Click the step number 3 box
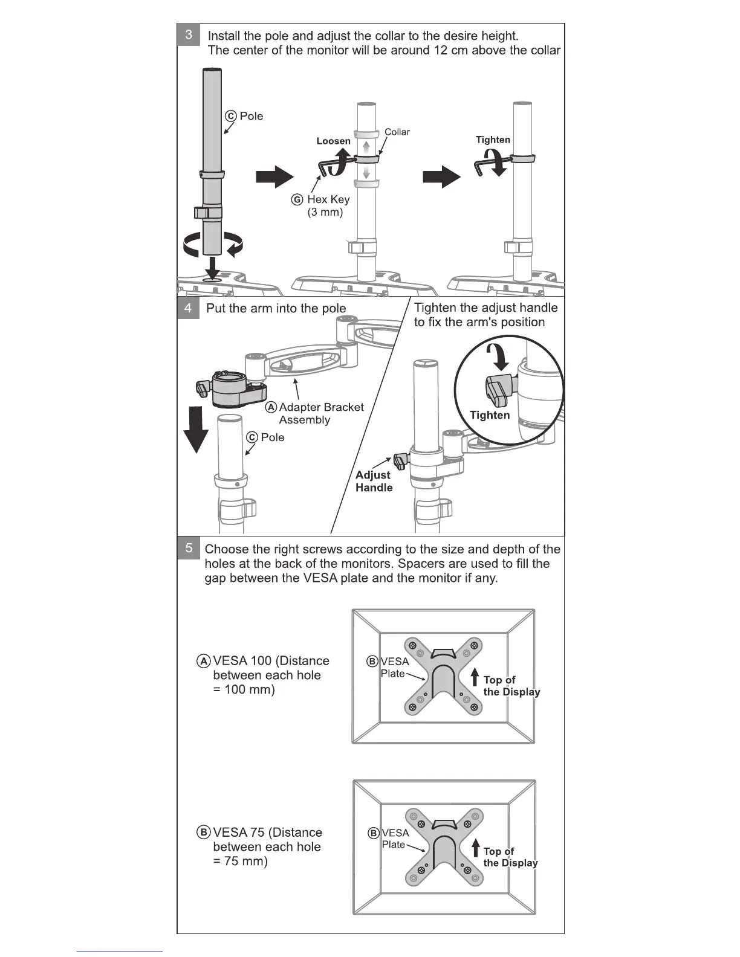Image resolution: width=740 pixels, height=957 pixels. pos(189,34)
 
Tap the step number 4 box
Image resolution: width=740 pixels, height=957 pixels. pos(188,308)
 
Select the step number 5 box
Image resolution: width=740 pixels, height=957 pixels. pos(189,548)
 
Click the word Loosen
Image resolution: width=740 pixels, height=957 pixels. pos(333,141)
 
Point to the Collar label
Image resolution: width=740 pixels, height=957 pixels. pos(397,132)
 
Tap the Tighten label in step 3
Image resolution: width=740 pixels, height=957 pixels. pos(493,140)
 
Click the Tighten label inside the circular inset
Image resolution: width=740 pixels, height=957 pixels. pos(490,415)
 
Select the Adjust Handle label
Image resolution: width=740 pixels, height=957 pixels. pos(374,482)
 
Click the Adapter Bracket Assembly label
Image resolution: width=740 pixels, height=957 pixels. pos(320,413)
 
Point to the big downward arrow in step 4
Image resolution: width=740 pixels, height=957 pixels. pos(195,430)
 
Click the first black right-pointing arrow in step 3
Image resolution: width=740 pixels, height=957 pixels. pos(274,176)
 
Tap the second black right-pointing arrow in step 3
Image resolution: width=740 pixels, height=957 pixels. pos(441,176)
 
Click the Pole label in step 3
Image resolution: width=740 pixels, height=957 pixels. pos(251,116)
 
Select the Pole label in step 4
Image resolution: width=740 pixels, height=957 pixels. pos(272,437)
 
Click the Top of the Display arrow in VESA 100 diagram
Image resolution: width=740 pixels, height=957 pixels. pos(475,677)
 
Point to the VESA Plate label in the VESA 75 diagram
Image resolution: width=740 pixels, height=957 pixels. pos(394,839)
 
